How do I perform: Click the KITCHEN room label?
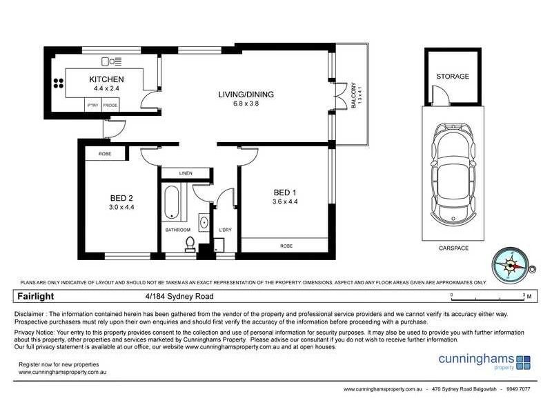coord(106,79)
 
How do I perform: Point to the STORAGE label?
coord(452,77)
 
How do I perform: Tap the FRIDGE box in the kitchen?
coord(110,105)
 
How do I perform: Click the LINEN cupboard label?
coord(185,173)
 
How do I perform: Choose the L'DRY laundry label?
coord(224,229)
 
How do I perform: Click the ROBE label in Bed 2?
coord(105,153)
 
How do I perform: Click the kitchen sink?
coord(110,60)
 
